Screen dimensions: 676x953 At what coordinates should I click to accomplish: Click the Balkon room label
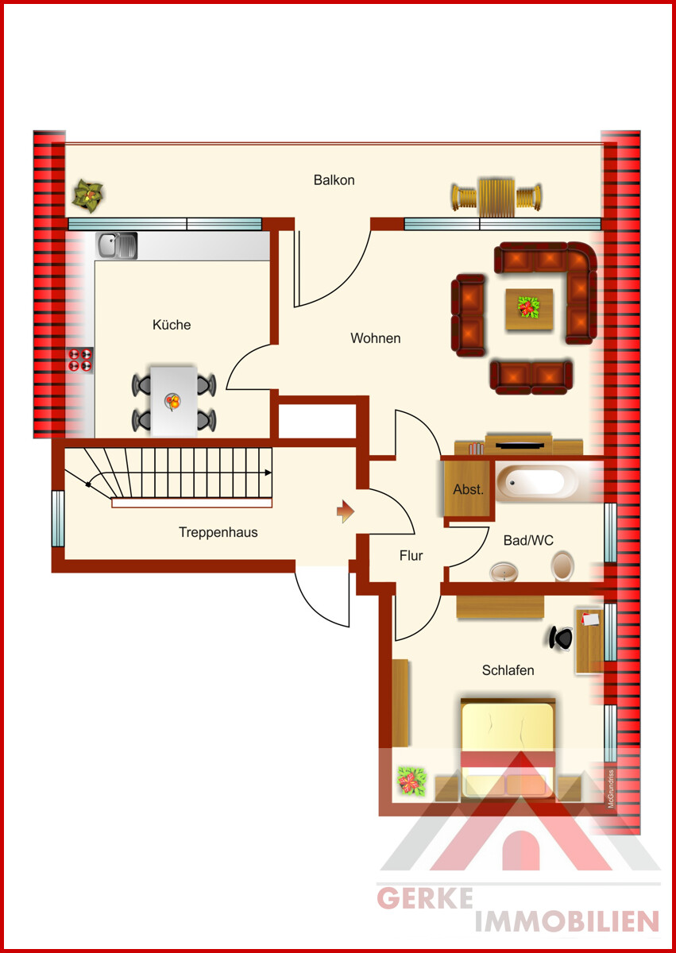334,180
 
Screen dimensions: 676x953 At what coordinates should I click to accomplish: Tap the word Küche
172,325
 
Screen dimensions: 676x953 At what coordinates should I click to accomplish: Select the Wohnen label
375,338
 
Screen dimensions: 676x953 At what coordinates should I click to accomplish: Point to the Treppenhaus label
218,532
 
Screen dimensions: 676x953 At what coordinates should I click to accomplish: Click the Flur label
411,556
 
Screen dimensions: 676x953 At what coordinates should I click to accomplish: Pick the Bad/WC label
528,540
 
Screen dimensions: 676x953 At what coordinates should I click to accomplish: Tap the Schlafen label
508,670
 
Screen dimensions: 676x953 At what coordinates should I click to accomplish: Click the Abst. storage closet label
469,490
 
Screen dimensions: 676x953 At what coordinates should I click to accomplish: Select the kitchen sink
116,245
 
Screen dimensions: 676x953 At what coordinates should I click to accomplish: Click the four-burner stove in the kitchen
80,360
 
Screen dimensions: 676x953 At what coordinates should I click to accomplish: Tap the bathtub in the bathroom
537,481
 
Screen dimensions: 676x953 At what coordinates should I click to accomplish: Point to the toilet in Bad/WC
562,565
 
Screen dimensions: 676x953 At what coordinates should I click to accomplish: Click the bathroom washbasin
504,573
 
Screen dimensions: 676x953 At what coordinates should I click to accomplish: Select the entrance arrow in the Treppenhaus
345,511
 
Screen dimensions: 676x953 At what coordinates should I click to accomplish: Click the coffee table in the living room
529,309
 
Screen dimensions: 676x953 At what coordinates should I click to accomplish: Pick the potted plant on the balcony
88,195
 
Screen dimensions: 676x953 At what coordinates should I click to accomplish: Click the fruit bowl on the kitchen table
172,402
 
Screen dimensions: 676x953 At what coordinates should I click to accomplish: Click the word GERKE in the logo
425,898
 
